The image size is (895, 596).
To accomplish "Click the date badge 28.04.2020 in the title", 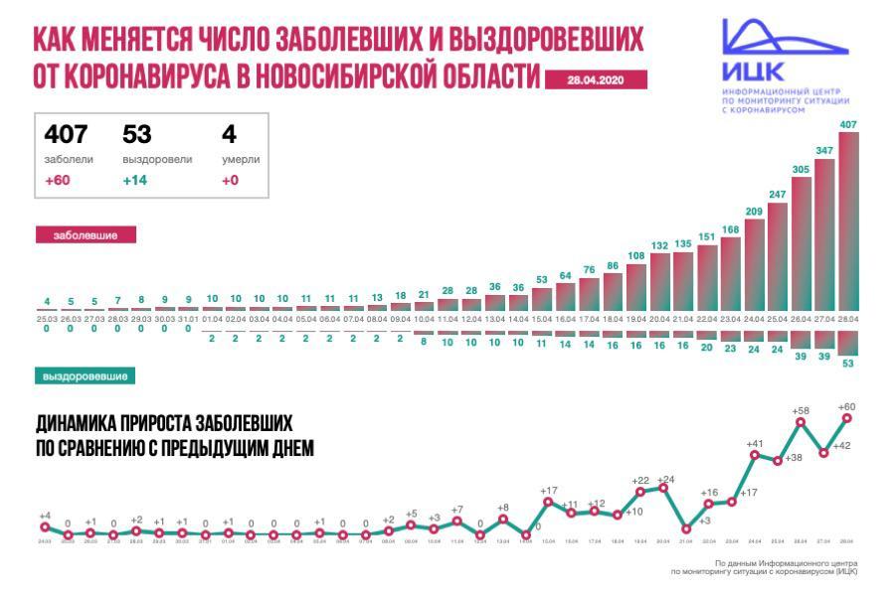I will coord(596,80).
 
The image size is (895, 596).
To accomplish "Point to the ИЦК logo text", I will coord(753,73).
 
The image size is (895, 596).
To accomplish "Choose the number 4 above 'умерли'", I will coord(229,134).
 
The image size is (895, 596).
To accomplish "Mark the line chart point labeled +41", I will coord(755,455).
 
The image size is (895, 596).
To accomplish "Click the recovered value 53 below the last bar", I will coord(848,364).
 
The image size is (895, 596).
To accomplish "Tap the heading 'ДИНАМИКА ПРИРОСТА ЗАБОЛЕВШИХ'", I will coord(165,424).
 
